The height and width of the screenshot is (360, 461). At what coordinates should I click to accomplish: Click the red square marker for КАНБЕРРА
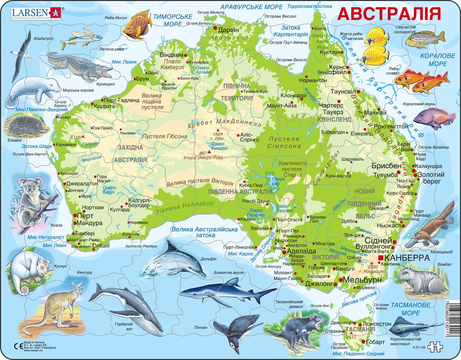click(x=379, y=258)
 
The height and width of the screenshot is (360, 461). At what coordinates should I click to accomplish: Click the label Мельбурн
click(x=361, y=280)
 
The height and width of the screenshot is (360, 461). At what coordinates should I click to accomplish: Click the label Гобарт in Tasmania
click(x=375, y=342)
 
